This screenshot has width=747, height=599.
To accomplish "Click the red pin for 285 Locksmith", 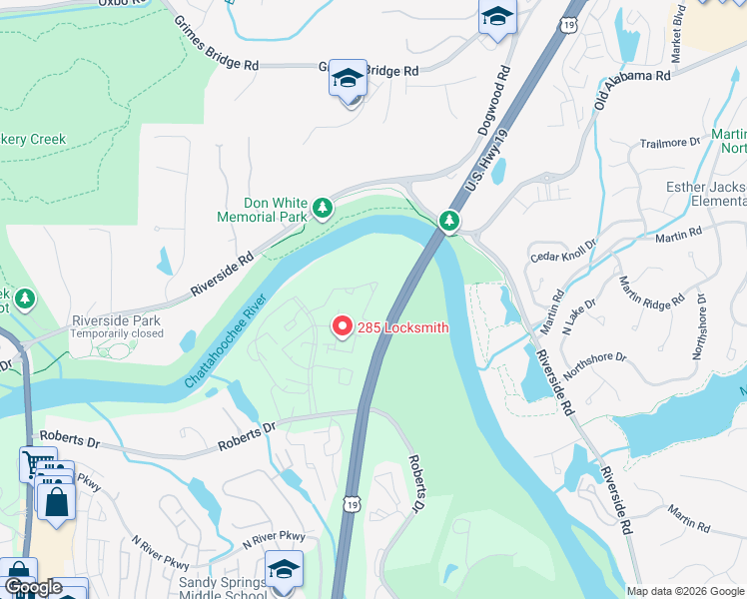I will (x=342, y=326).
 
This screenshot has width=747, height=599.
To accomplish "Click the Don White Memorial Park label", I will (x=263, y=209).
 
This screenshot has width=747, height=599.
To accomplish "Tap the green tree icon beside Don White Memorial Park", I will (x=323, y=208).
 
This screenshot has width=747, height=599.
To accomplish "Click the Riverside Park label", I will (x=116, y=321).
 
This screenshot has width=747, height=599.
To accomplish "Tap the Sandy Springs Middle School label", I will (x=225, y=589).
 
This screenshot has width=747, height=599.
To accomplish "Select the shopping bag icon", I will (x=57, y=502).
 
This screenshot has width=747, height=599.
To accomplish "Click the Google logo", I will (x=33, y=588).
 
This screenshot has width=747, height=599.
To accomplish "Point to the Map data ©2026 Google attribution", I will (x=685, y=591).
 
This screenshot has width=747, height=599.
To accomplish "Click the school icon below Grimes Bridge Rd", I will (x=348, y=78).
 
